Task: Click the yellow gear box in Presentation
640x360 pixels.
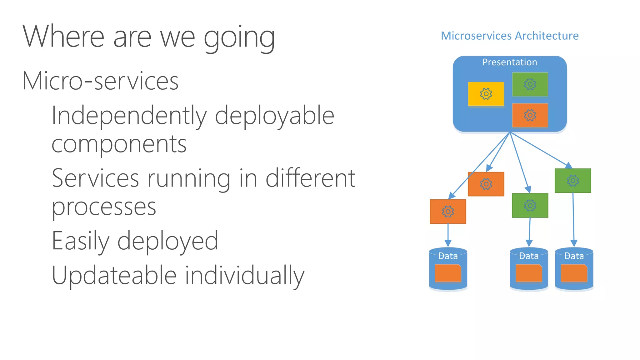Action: coord(486,94)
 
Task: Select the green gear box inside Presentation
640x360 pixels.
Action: coord(530,84)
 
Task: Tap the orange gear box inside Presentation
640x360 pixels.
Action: coord(530,115)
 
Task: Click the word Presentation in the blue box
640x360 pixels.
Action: coord(509,62)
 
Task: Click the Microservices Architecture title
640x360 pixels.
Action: coord(509,36)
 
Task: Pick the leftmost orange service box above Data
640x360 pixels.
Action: coord(447,212)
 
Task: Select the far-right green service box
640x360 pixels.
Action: coord(572,181)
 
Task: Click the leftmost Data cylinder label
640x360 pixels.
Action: coord(447,256)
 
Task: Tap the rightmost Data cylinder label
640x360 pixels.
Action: coord(574,256)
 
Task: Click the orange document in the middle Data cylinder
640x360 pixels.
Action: coord(528,273)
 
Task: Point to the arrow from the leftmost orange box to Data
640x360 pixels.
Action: coord(448,235)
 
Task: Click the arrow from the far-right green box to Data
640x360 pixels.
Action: coord(573,219)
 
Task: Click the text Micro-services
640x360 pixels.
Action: coord(100,81)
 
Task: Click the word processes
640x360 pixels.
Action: coord(104,207)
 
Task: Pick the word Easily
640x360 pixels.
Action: coord(80,241)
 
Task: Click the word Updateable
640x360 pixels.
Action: coord(114,275)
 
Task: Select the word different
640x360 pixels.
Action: coord(310,178)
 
